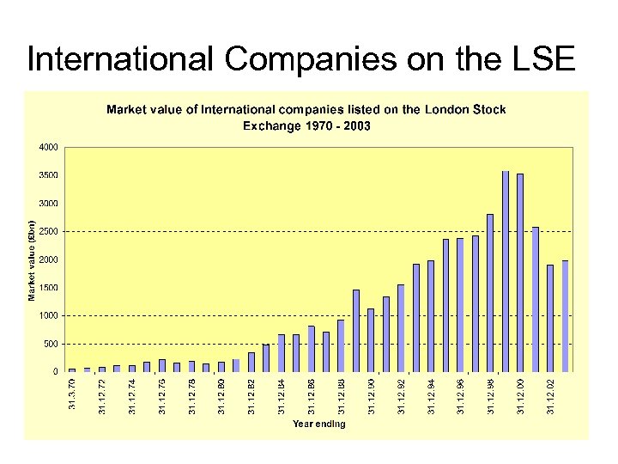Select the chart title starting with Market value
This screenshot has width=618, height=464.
click(x=306, y=117)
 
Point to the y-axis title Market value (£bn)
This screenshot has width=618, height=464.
click(x=32, y=260)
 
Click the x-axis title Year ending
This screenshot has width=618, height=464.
click(x=318, y=424)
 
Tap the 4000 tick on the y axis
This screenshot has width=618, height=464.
click(x=49, y=147)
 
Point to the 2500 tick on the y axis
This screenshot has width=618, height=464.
click(x=49, y=231)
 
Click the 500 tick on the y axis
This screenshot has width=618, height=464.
click(x=51, y=344)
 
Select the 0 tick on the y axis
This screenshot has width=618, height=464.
click(x=55, y=372)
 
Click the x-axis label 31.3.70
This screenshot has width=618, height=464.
click(x=72, y=394)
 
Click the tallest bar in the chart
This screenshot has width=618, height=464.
click(x=506, y=272)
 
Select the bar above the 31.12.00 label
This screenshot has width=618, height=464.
click(x=520, y=273)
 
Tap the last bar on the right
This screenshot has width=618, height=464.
click(x=565, y=315)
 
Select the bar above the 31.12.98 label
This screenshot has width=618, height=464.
click(x=490, y=293)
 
